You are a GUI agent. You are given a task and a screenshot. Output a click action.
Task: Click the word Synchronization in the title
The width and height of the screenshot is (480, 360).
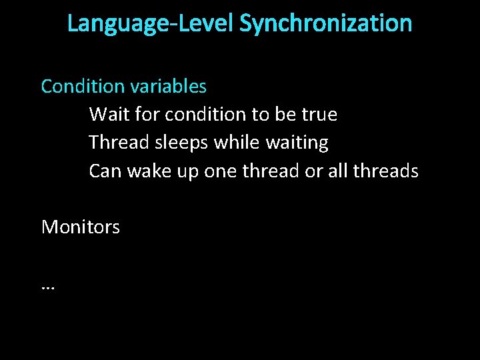tap(325, 23)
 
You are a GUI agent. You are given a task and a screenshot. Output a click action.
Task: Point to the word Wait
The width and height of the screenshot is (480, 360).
tap(109, 115)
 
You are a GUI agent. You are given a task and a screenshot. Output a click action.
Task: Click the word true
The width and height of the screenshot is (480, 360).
tap(319, 115)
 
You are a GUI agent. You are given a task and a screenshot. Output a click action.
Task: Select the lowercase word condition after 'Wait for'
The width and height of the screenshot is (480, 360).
tap(206, 115)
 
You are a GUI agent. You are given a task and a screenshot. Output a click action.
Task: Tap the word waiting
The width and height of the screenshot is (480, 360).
tap(297, 143)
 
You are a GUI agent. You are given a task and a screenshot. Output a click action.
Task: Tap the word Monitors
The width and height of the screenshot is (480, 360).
tap(81, 227)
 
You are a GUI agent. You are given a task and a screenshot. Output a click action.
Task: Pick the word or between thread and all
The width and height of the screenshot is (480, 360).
tap(313, 171)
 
